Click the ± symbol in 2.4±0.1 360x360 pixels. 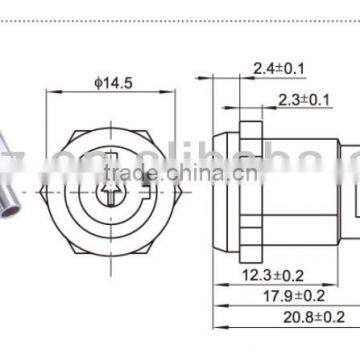tap(271, 68)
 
